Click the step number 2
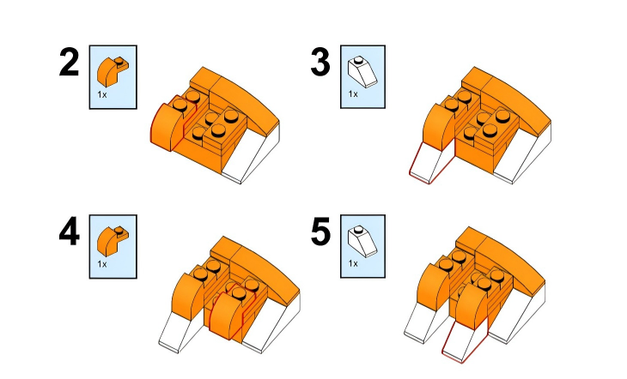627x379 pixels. pos(69,62)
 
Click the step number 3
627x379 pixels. pos(320,62)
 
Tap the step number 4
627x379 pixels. pos(69,232)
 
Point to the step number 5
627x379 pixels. pos(320,232)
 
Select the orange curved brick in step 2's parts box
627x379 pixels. pos(113,71)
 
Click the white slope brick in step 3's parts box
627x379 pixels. pos(362,71)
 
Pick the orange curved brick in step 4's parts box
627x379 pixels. pos(113,241)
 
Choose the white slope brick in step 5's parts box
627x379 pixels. pos(362,241)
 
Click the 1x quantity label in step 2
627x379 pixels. pos(102,94)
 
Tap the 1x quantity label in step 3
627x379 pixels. pos(353,93)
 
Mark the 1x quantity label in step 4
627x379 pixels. pos(102,264)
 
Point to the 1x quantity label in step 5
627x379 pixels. pos(353,263)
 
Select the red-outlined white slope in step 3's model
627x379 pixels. pos(431,164)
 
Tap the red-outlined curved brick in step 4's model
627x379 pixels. pos(227,311)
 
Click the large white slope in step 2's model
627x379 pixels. pos(251,153)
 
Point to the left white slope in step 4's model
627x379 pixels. pos(180,332)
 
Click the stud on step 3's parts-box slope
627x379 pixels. pos(359,60)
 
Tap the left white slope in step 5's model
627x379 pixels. pos(424,323)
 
